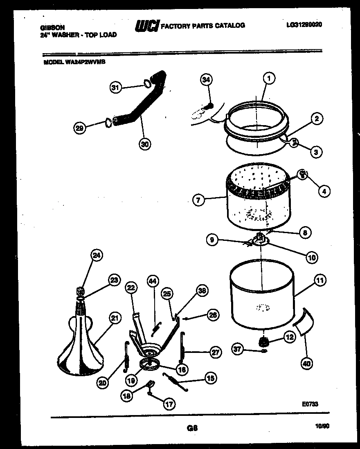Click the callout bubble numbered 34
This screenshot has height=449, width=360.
click(206, 80)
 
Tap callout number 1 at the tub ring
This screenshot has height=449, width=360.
click(269, 78)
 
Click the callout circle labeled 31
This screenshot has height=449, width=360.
click(116, 87)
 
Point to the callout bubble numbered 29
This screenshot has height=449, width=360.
click(80, 128)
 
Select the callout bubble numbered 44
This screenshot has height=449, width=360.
click(152, 282)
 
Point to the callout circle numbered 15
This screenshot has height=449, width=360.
click(211, 379)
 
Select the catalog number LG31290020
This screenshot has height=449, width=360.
click(304, 25)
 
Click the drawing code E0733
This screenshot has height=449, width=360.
click(310, 404)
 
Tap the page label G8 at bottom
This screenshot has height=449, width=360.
click(192, 428)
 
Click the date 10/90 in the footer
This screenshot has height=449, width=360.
click(322, 426)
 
